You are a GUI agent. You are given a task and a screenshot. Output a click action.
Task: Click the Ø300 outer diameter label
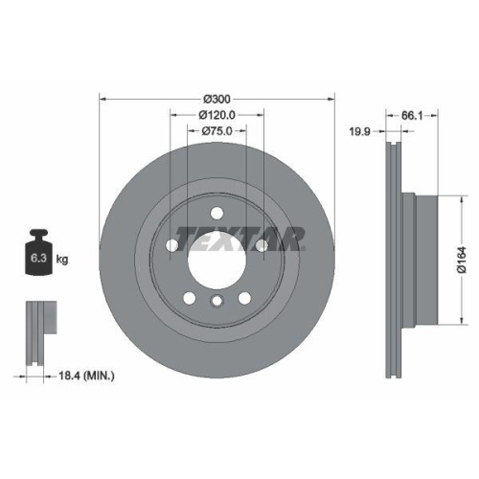pos(217,99)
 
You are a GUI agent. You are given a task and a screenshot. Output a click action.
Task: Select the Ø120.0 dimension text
pos(217,115)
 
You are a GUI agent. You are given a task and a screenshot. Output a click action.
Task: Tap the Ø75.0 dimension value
pos(217,131)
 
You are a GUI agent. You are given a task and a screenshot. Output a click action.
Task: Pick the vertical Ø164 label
pos(461,259)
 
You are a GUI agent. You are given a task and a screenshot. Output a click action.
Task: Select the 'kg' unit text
pos(62,259)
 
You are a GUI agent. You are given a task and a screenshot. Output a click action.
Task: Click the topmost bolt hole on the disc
pos(217,212)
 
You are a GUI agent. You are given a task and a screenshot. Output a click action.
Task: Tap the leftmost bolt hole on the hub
pos(172,245)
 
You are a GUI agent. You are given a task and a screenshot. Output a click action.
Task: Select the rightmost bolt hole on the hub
pos(262,245)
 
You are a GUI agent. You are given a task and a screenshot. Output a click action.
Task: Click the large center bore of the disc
pos(217,257)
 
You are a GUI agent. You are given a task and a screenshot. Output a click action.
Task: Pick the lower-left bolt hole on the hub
pos(190,296)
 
